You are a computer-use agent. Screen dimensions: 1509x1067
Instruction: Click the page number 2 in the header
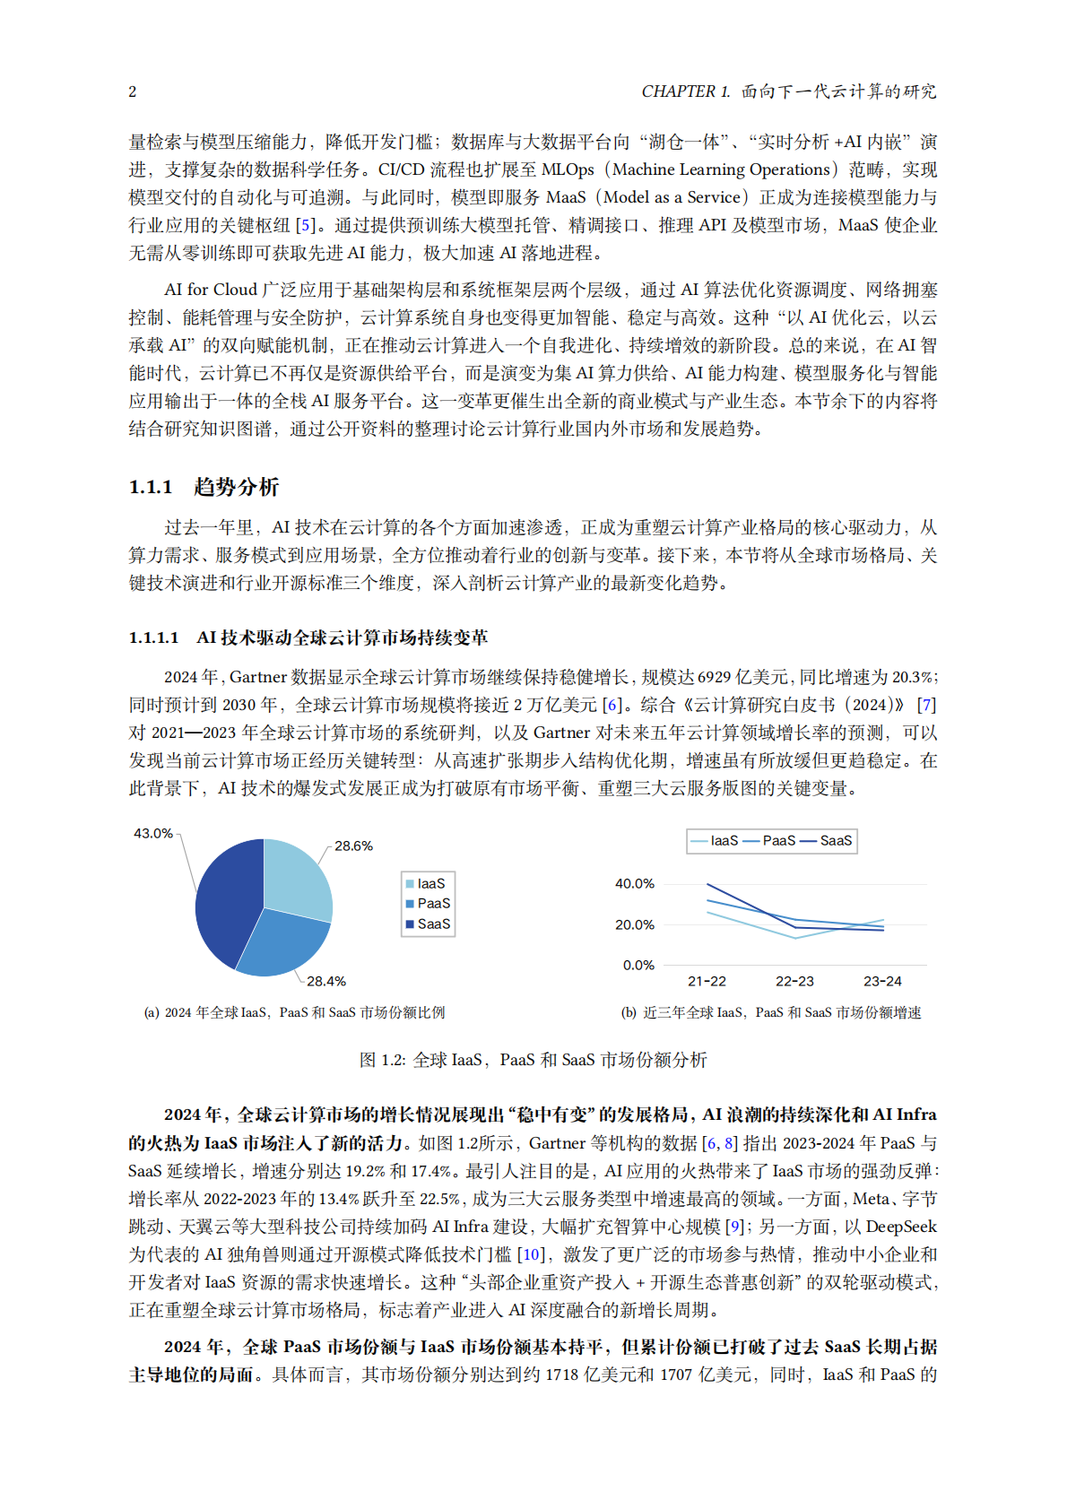(x=133, y=91)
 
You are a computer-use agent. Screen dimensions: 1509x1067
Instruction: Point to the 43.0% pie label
(x=152, y=833)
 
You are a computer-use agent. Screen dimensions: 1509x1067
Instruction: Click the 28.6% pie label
(x=353, y=846)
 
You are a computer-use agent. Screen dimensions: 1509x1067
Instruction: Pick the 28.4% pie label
(x=325, y=981)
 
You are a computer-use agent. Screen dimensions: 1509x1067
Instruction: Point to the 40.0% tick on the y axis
(x=634, y=883)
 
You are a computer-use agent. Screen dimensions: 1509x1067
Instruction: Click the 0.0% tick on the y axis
(x=638, y=965)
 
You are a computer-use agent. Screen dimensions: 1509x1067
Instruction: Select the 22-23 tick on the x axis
(x=794, y=981)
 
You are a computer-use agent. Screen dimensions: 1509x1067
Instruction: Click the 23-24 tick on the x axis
(x=882, y=981)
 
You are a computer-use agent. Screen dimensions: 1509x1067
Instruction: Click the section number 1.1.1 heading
(x=151, y=487)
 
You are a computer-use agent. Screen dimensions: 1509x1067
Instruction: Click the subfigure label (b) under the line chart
(x=629, y=1012)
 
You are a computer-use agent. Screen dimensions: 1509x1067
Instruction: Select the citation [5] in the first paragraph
(x=306, y=225)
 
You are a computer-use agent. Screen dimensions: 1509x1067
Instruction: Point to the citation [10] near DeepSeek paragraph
(x=531, y=1254)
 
